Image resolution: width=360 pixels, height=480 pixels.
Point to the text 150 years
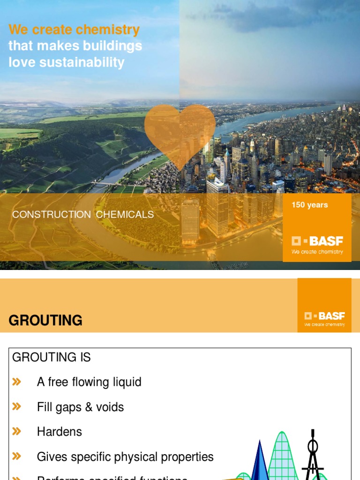tap(310, 205)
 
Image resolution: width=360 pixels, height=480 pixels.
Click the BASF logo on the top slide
tap(317, 241)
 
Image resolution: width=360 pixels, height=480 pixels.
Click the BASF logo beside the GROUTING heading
tap(324, 316)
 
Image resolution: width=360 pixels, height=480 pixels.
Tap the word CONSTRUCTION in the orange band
tap(52, 215)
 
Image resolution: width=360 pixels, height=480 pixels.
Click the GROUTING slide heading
tap(45, 321)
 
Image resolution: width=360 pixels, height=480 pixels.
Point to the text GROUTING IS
tap(52, 358)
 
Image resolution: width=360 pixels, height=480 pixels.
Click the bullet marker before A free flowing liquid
tap(17, 382)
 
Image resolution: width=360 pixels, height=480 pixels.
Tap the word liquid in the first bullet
tap(126, 382)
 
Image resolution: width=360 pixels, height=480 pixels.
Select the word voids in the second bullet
tap(110, 407)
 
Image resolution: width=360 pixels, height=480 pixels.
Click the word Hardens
tap(60, 432)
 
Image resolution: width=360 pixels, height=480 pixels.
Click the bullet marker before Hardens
tap(17, 431)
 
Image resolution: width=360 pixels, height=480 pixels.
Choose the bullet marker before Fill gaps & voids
tap(17, 406)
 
